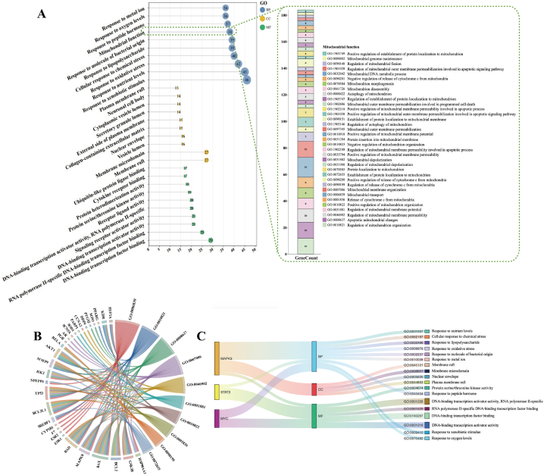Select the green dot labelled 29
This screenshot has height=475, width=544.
(211, 240)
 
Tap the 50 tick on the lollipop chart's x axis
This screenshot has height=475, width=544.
(255, 250)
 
